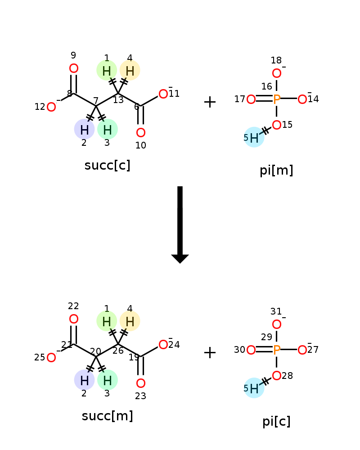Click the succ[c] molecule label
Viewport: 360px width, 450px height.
coord(107,166)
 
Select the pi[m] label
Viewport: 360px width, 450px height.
coord(276,171)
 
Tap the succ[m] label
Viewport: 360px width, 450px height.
coord(107,416)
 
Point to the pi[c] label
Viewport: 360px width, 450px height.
coord(276,422)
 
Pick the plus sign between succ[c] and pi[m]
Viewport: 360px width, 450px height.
coord(210,102)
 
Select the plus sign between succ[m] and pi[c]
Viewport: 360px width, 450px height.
coord(210,353)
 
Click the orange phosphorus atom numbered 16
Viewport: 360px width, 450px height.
coord(276,99)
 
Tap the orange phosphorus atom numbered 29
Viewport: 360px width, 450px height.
coord(276,350)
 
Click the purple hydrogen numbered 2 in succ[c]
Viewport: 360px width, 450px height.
coord(84,130)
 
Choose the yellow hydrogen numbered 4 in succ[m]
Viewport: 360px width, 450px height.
coord(130,321)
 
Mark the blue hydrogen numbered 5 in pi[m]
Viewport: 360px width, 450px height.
coord(254,138)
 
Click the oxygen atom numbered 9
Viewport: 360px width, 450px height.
coord(73,68)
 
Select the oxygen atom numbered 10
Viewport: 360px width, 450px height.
coord(140,133)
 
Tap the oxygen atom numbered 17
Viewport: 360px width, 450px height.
coord(251,99)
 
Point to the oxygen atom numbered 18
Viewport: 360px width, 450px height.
coord(276,73)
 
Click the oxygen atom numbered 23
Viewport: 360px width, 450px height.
coord(140,383)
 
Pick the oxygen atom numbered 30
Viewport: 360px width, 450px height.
coord(251,350)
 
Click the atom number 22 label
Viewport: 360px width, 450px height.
coord(73,306)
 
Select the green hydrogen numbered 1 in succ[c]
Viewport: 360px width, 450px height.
coord(107,70)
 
